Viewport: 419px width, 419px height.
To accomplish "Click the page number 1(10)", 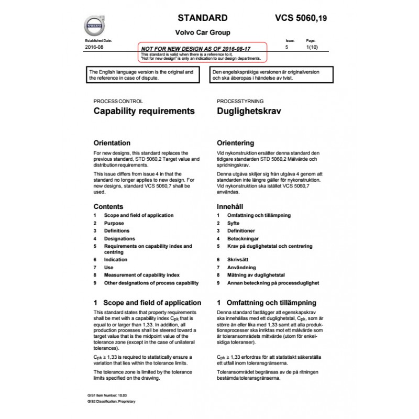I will coord(311,47).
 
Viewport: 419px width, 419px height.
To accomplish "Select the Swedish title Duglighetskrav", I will coord(249,111).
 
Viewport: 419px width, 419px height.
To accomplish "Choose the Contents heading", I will coord(108,206).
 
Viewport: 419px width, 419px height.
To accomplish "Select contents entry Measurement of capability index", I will coord(142,274).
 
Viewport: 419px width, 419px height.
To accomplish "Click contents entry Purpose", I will coord(114,223).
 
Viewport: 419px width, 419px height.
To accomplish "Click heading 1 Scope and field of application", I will coord(147,303).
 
